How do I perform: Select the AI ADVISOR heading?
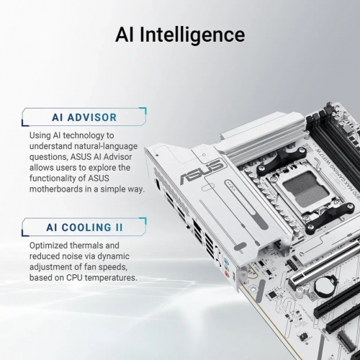click(x=84, y=117)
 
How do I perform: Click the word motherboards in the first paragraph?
click(x=63, y=189)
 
